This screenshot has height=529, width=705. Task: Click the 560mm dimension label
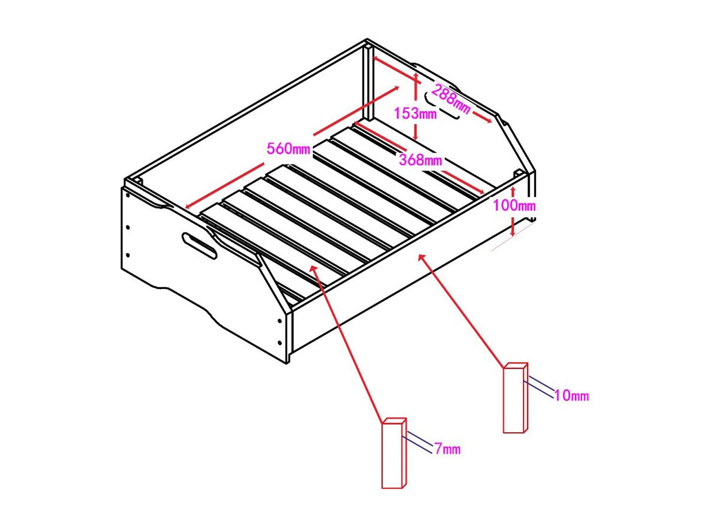289,149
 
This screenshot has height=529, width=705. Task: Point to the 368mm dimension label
421,159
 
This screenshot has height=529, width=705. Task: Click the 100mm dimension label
514,205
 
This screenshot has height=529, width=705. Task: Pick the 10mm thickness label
572,395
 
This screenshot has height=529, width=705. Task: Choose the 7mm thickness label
448,449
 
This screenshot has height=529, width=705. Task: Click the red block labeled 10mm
515,398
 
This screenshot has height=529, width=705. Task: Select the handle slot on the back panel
442,105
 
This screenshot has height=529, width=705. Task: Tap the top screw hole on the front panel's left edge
128,195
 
